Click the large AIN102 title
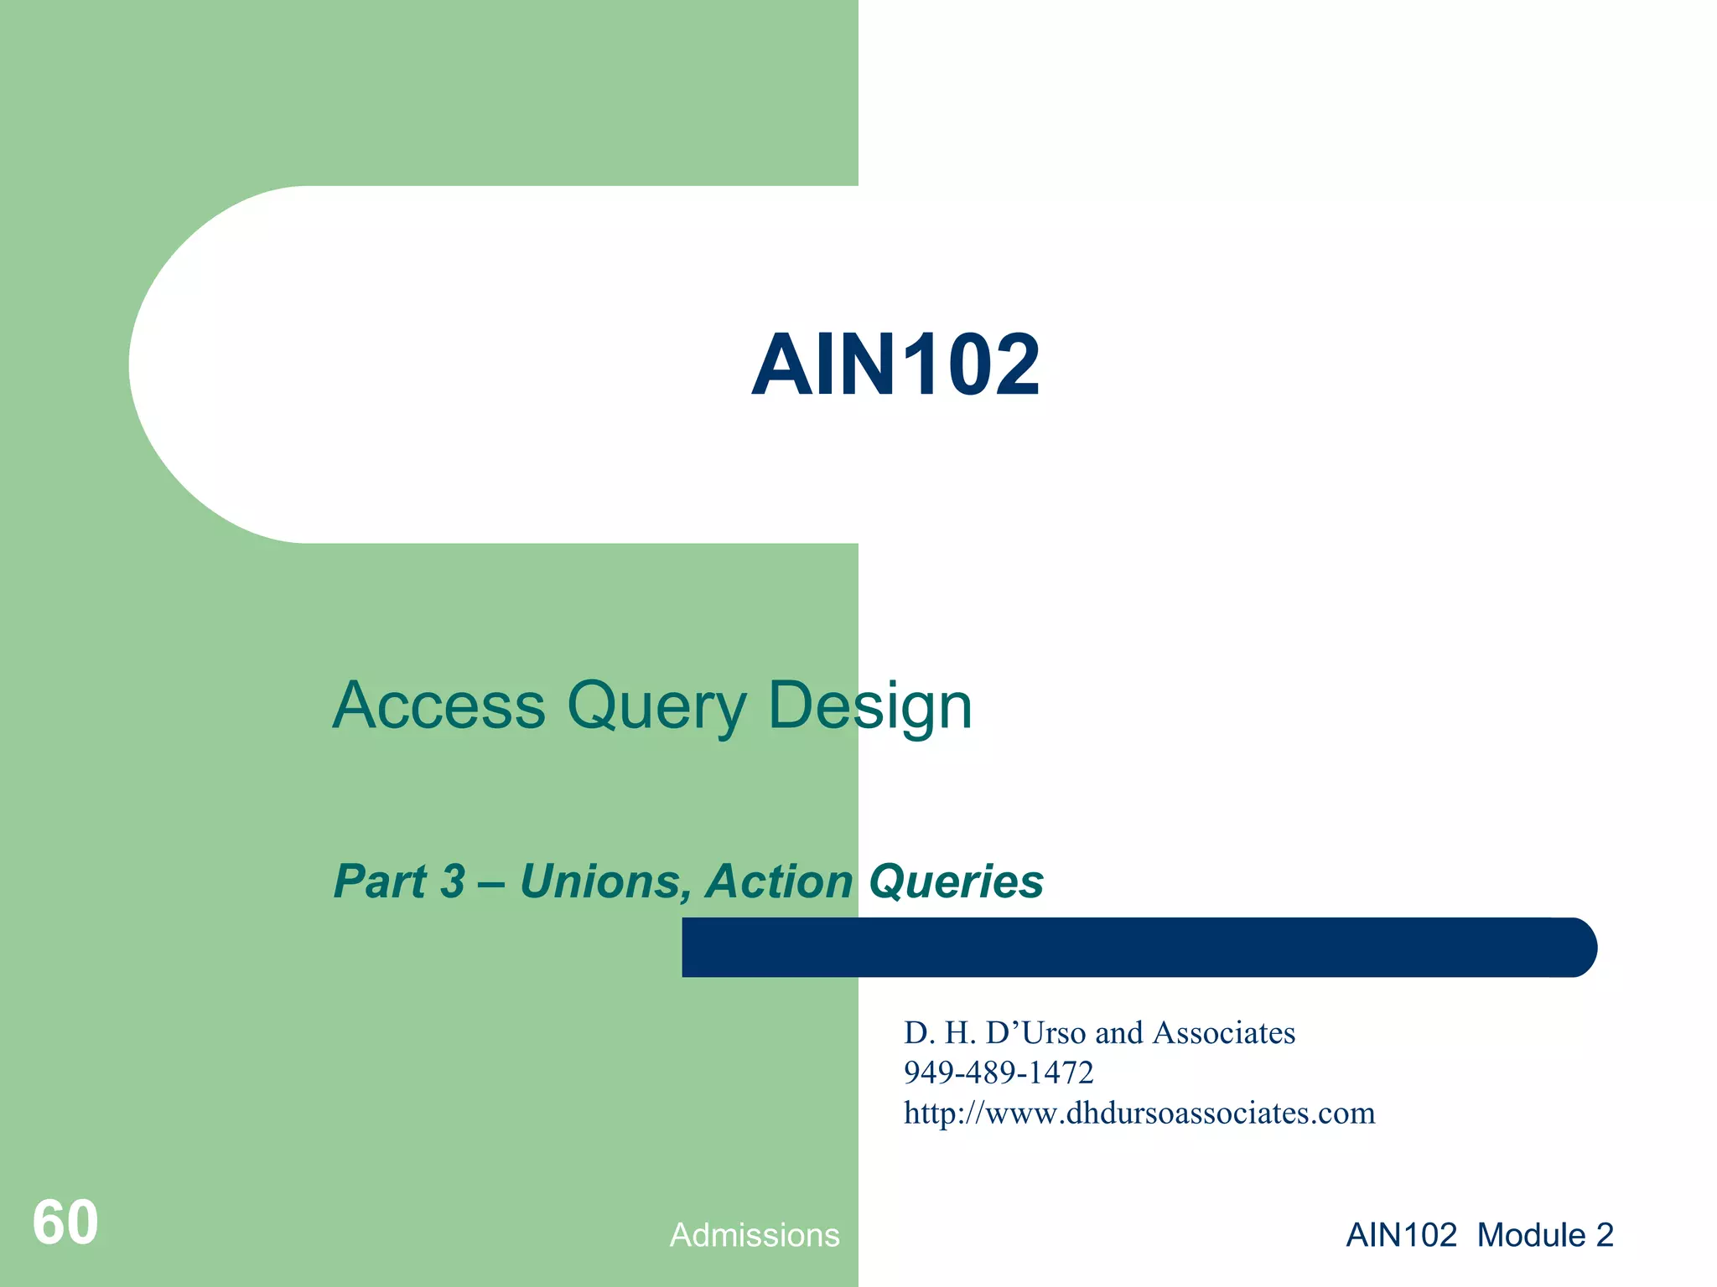[x=895, y=365]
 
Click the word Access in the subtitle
[x=438, y=706]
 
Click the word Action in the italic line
[x=780, y=881]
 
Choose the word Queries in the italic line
[x=957, y=883]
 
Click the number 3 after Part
[x=453, y=881]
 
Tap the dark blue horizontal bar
[x=1139, y=948]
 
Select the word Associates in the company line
[x=1224, y=1033]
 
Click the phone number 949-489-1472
[x=999, y=1072]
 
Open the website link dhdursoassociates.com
[x=1139, y=1113]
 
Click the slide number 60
[x=65, y=1222]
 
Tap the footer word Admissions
[x=755, y=1235]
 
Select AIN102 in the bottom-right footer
[x=1401, y=1235]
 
